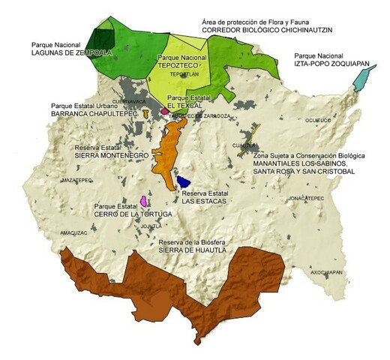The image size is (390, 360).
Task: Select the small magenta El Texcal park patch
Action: pyautogui.click(x=164, y=111)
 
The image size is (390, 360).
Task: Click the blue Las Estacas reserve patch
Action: pyautogui.click(x=184, y=181)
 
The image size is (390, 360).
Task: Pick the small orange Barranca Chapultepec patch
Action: pyautogui.click(x=145, y=113)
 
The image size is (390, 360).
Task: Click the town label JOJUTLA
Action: pyautogui.click(x=151, y=225)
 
